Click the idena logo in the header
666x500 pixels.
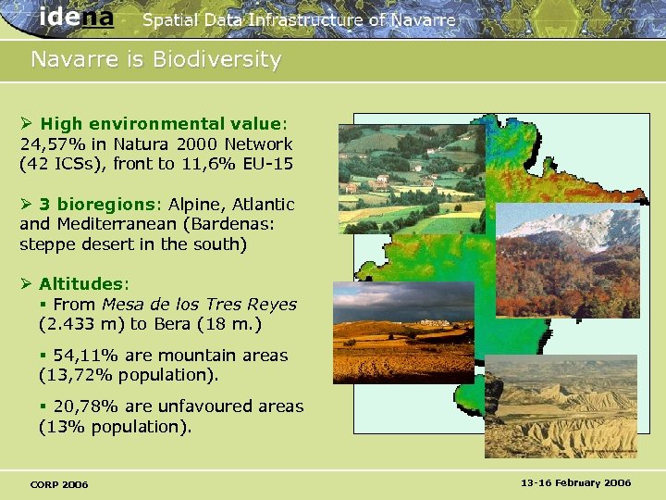coord(77,17)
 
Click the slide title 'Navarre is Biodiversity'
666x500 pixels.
coord(155,60)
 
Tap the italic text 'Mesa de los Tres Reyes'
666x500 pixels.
coord(199,305)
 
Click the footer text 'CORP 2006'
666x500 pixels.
coord(59,484)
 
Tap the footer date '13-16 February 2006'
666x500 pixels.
coord(575,483)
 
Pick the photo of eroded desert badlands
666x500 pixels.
coord(561,406)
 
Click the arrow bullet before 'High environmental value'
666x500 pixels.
coord(27,124)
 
